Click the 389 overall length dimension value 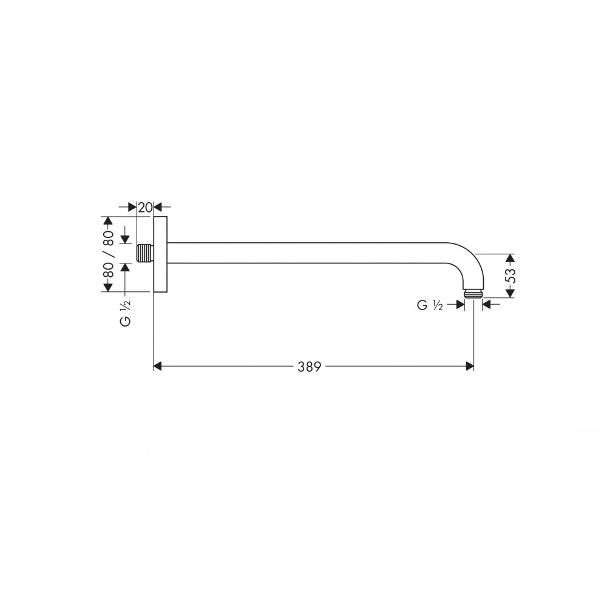pos(310,367)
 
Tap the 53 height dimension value pos(510,276)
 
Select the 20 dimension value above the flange pos(145,208)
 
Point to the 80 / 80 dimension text pos(108,254)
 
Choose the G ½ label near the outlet pos(430,305)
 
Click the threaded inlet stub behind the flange pos(145,253)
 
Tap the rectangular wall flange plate pos(160,254)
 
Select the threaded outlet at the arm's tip pos(473,294)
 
